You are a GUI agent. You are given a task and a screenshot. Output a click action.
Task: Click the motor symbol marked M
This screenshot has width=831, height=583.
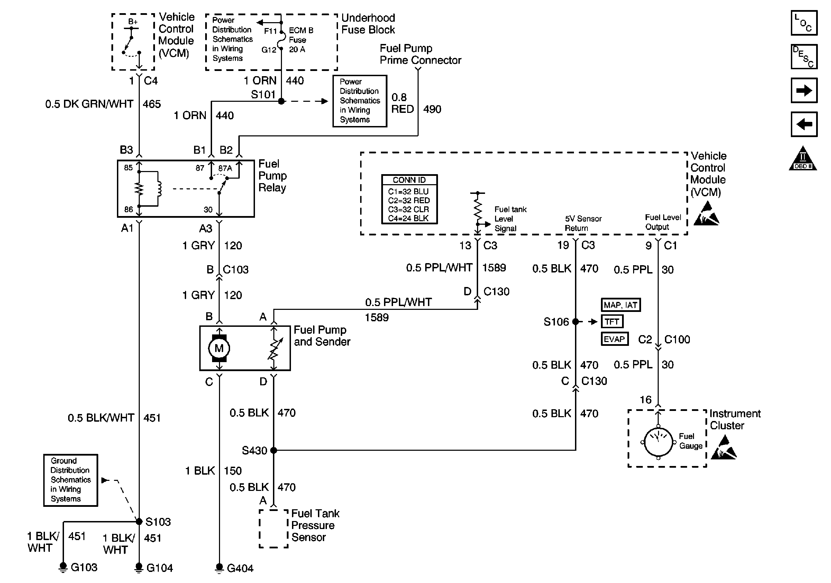tap(219, 348)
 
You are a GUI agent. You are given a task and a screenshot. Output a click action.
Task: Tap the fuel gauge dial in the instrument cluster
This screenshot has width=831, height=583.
tap(658, 442)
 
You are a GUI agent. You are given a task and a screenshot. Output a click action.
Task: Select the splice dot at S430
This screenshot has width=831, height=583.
tap(274, 450)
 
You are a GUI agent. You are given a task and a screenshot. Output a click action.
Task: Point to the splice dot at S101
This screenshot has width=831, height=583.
tap(281, 101)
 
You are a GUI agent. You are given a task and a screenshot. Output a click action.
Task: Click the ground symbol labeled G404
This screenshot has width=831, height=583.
tap(219, 567)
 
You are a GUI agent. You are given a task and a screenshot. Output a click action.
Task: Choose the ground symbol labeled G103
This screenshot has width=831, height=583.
tap(63, 566)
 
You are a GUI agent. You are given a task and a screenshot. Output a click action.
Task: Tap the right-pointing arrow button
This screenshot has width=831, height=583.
tap(804, 90)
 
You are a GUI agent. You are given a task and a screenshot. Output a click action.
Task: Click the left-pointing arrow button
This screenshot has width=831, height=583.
tap(804, 124)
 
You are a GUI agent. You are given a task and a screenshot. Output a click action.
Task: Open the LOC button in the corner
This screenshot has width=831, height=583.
tap(804, 23)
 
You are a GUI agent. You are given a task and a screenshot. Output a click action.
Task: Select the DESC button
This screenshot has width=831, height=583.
tap(804, 57)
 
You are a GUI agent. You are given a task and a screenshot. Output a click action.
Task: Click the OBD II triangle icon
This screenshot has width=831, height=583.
tap(803, 159)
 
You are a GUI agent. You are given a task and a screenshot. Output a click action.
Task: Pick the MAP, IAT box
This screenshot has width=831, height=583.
tap(620, 305)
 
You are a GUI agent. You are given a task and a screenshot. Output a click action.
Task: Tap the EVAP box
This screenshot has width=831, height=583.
tap(614, 339)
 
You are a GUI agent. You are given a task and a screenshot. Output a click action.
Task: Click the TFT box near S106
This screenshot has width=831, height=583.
tap(612, 322)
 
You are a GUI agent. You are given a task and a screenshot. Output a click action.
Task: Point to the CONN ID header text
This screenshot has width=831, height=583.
tap(409, 180)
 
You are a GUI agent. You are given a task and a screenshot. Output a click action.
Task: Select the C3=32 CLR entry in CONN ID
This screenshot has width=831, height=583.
tap(409, 209)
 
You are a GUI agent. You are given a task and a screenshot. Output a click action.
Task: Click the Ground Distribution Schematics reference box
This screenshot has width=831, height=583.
tap(71, 480)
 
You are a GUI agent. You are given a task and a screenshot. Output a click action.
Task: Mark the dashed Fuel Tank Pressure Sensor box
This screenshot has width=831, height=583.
tap(274, 528)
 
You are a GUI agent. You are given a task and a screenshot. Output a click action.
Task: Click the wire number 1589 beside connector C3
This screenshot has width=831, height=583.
tap(494, 268)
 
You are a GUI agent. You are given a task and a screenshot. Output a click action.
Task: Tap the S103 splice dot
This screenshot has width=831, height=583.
tap(139, 521)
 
